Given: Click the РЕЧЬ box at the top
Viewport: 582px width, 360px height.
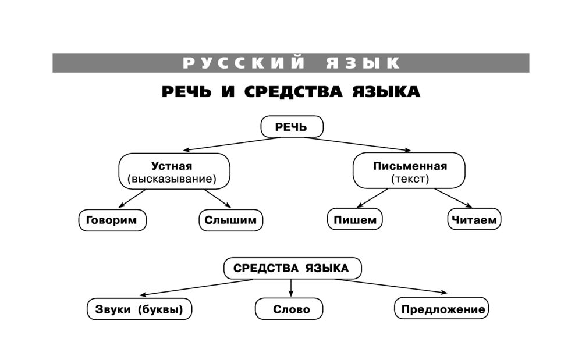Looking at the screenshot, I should (292, 127).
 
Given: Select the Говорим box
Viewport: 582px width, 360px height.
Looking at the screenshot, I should (112, 220).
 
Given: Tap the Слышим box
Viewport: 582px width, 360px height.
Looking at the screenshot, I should (230, 220).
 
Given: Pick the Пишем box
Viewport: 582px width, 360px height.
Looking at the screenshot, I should (356, 220).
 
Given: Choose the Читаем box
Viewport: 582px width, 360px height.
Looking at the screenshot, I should (474, 220).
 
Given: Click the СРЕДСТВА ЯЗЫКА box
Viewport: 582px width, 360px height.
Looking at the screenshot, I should (292, 268).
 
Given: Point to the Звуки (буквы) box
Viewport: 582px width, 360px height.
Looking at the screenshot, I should (140, 309).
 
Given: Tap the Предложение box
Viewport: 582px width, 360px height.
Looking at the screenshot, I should (443, 309).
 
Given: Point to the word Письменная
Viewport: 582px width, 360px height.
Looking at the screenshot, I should (410, 166).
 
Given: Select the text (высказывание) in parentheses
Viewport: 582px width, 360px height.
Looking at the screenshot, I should (174, 179).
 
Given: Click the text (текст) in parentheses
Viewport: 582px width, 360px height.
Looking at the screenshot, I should (410, 179).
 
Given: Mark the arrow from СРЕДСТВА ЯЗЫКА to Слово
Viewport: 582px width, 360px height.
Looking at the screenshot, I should (291, 288).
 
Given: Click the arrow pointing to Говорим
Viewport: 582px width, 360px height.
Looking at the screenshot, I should (130, 198).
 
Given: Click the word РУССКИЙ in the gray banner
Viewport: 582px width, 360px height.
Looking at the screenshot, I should (244, 63).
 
